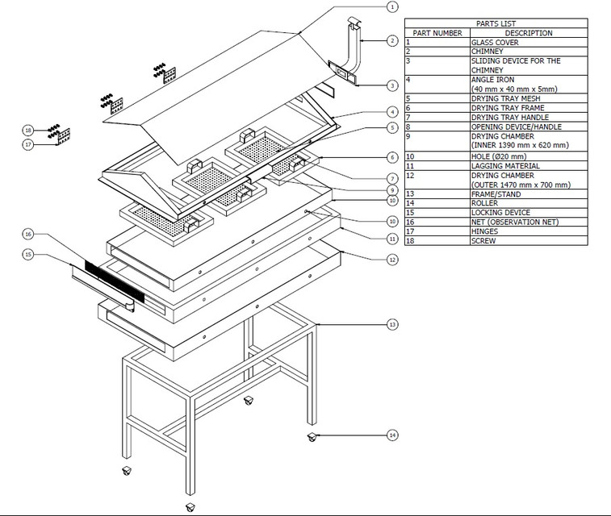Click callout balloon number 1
(x=391, y=7)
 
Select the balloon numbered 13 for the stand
(x=392, y=325)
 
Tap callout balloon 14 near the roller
(x=392, y=435)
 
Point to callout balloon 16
(x=28, y=234)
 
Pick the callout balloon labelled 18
(x=28, y=130)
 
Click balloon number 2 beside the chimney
(x=391, y=40)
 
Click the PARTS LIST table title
(x=496, y=24)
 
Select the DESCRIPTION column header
(x=529, y=33)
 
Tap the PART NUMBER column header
(x=437, y=33)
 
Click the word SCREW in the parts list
(x=483, y=240)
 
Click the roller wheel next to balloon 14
(x=312, y=437)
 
